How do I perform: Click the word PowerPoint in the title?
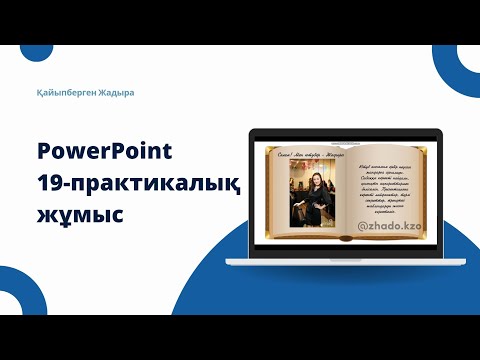click(105, 152)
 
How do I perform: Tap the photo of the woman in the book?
click(308, 200)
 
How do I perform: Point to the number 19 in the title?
click(50, 183)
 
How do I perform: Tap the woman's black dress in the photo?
click(309, 215)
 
